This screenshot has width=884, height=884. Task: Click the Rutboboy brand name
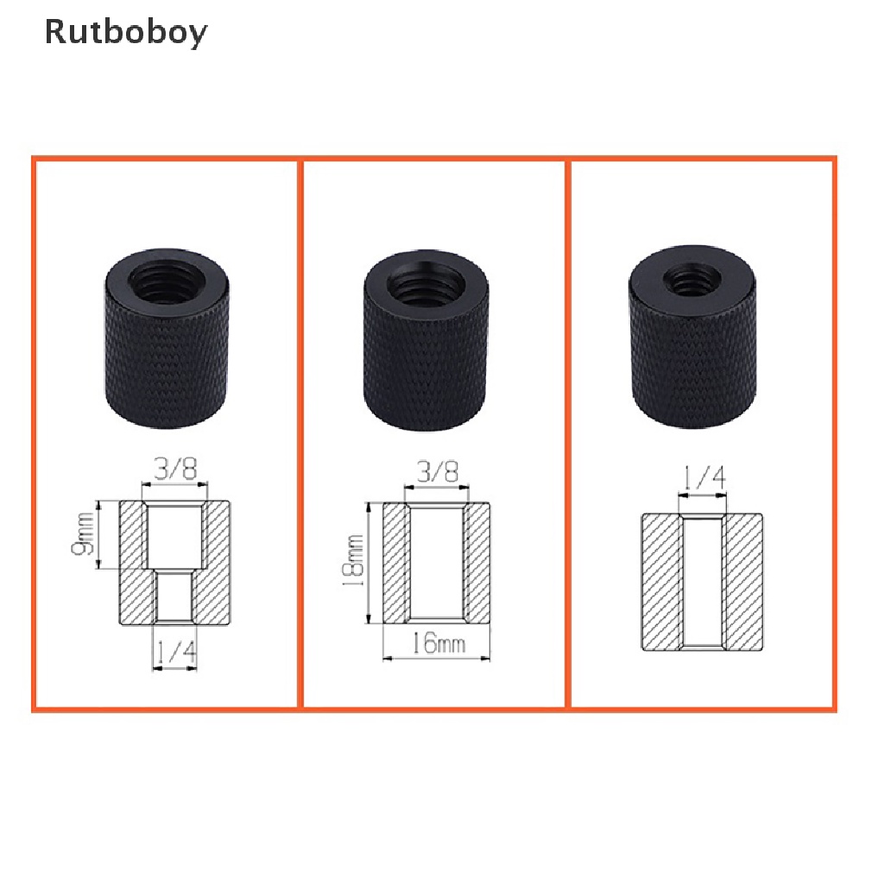pos(126,32)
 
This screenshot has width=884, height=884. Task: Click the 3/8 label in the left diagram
pos(175,469)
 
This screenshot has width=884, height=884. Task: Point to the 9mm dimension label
pos(83,534)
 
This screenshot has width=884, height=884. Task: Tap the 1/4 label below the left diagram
pos(174,652)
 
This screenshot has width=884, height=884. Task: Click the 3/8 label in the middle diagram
pos(437,471)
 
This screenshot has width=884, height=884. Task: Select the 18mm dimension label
pos(353,560)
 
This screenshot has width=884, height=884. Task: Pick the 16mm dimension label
pos(438,643)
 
